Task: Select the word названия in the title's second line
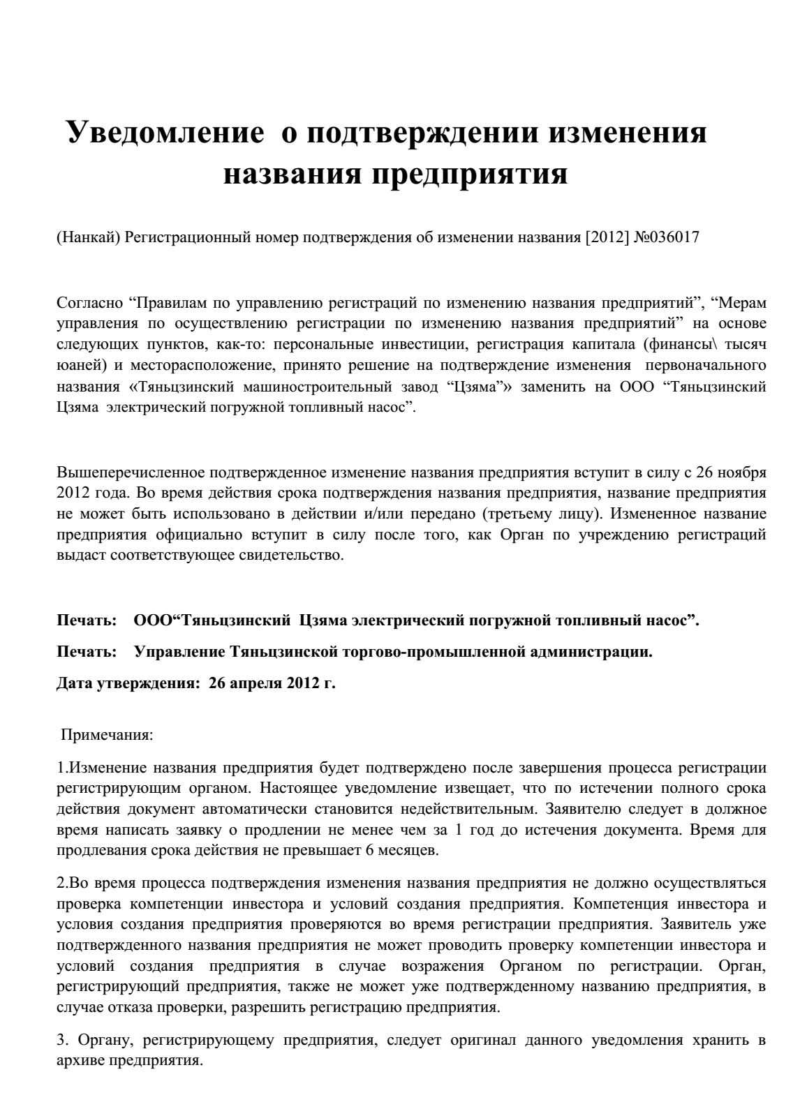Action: coord(289,173)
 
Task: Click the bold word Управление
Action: coord(179,653)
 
